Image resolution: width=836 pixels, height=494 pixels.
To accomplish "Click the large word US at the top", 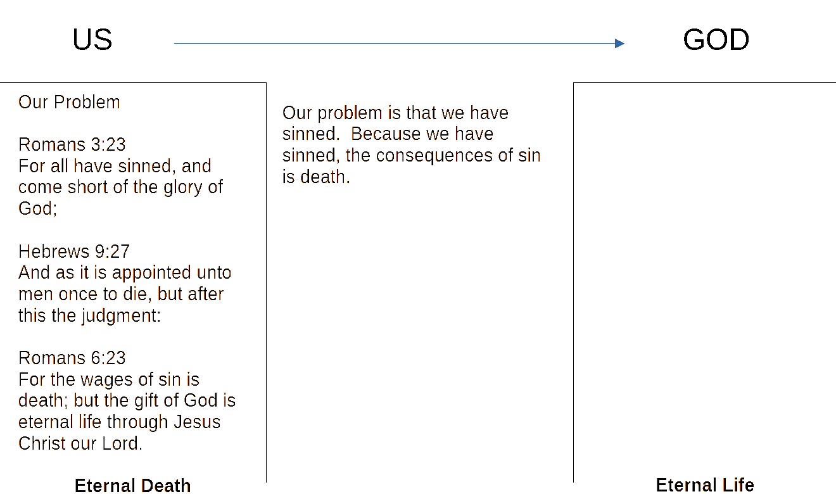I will pos(92,40).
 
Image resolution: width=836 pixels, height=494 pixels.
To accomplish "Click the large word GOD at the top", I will pos(716,40).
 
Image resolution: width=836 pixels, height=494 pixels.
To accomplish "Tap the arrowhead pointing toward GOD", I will pos(619,44).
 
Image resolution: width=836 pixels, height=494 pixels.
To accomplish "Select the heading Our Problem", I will pos(69,102).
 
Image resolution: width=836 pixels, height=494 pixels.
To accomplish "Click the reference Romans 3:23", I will pos(72,144).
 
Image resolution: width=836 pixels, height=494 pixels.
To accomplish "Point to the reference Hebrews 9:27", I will pos(74,251).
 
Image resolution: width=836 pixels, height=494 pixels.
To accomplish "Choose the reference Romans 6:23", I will pos(72,358).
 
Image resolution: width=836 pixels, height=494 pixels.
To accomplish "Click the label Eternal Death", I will pos(132,486).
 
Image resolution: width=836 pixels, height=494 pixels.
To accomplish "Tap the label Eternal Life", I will pos(705,485).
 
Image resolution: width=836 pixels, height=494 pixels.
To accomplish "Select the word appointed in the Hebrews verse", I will pos(151,273).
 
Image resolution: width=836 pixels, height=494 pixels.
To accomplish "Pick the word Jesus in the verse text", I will pos(197,422).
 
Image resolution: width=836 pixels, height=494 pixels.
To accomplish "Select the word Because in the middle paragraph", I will pos(381,134).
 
